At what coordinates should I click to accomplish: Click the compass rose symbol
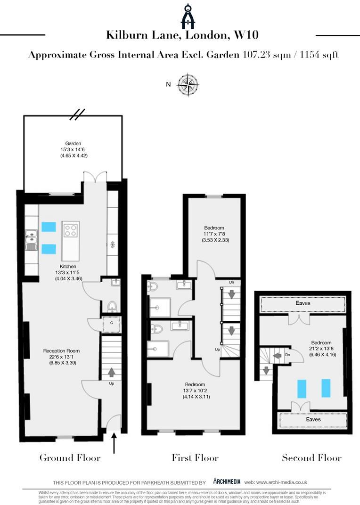point(188,85)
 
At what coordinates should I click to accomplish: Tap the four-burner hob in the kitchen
point(71,230)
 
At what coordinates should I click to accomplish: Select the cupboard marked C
point(111,324)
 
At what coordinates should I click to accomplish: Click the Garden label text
point(73,144)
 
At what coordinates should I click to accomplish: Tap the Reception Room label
point(61,351)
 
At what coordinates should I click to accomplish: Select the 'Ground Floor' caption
point(70,457)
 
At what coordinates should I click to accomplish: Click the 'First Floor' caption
point(195,457)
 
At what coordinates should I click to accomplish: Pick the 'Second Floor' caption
point(311,457)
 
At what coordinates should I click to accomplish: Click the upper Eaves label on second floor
point(303,303)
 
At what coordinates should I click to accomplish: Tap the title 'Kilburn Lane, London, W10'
point(182,35)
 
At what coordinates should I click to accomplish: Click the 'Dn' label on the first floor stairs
point(231,282)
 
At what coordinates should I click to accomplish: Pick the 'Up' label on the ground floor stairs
point(111,383)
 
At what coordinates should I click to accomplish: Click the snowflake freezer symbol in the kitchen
point(112,244)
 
